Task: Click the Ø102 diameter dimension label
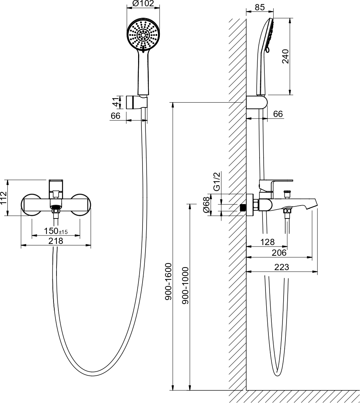[x=143, y=3]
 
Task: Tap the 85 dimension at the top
[x=260, y=7]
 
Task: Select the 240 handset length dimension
[x=285, y=56]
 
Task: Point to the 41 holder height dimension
[x=117, y=101]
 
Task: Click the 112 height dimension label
[x=4, y=198]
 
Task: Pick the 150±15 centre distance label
[x=55, y=231]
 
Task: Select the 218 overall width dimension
[x=55, y=241]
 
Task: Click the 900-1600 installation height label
[x=168, y=282]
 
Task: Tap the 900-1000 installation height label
[x=185, y=286]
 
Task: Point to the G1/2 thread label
[x=217, y=182]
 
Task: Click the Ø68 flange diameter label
[x=206, y=205]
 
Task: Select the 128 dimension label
[x=267, y=242]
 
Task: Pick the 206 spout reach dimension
[x=279, y=253]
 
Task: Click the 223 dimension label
[x=282, y=267]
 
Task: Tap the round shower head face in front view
[x=143, y=34]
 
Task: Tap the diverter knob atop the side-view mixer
[x=287, y=194]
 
